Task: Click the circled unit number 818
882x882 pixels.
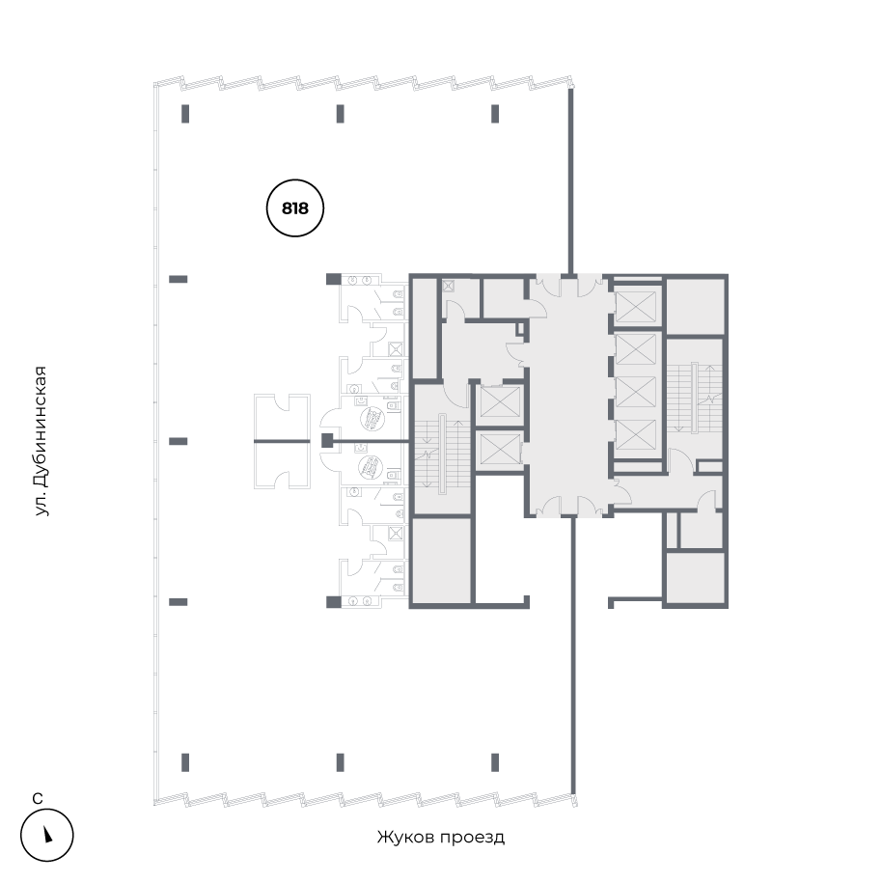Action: (294, 207)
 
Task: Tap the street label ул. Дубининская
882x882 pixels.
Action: (41, 440)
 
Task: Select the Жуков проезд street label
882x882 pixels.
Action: (440, 837)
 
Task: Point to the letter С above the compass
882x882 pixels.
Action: (37, 798)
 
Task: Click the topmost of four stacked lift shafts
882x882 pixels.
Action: (635, 307)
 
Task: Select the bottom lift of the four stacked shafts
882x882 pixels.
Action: (635, 437)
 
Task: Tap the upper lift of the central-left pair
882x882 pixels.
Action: (499, 400)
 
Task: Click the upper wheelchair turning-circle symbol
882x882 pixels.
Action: (371, 419)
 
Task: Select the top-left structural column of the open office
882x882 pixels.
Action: (185, 114)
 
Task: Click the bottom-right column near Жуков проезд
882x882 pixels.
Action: (495, 761)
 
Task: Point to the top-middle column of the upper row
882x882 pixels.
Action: (341, 114)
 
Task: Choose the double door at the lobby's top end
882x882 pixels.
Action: (568, 285)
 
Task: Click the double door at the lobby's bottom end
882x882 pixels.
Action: (568, 507)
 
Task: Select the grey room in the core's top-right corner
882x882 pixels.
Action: (695, 306)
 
